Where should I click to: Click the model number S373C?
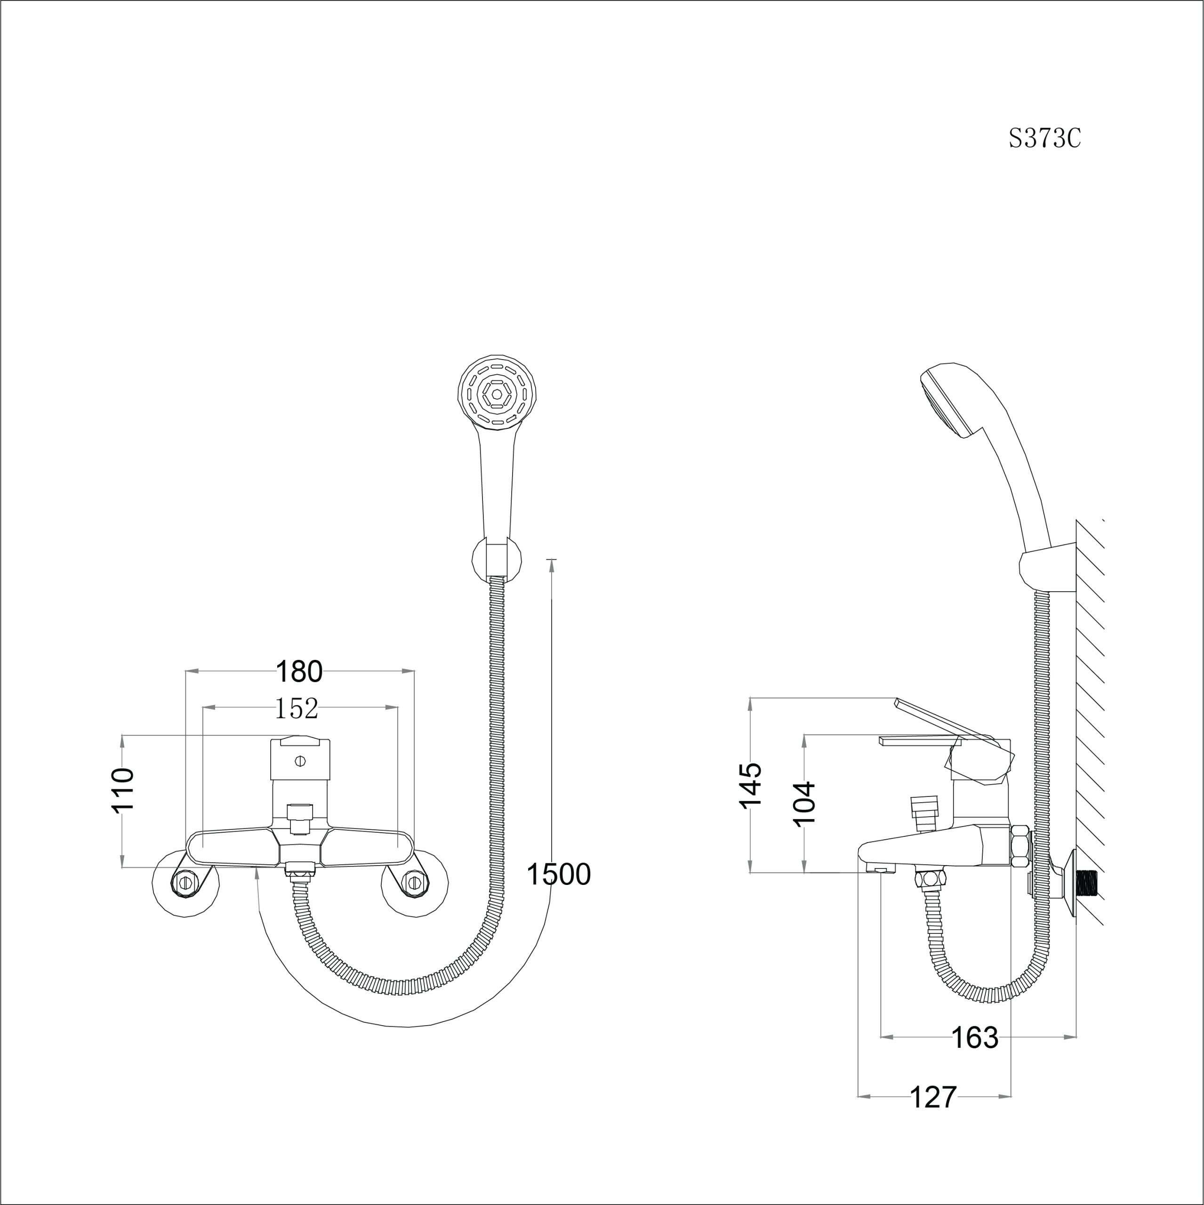pos(1044,138)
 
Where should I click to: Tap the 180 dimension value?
pos(299,672)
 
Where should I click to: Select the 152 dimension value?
pos(297,708)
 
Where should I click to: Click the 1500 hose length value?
pos(558,875)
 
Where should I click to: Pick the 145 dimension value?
pos(750,784)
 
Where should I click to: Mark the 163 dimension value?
pos(974,1038)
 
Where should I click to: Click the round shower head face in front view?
pos(497,394)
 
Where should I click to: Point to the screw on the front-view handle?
pos(300,761)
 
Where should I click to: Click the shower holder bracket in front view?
pos(497,558)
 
